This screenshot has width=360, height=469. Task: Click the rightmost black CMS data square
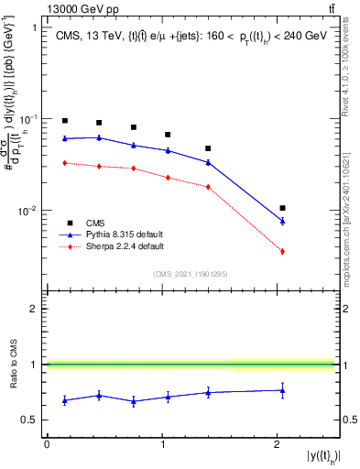click(x=282, y=208)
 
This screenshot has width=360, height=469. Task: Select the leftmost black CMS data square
click(x=65, y=121)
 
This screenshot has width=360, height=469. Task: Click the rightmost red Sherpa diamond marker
click(x=282, y=251)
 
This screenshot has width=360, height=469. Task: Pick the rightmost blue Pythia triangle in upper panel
click(x=282, y=221)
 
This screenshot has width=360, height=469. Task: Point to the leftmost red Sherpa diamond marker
click(x=65, y=163)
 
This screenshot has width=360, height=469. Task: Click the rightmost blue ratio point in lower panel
click(x=282, y=390)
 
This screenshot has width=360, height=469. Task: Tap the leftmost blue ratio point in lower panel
click(x=65, y=400)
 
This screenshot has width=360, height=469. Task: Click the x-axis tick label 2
click(x=278, y=445)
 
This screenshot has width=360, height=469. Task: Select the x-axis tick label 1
click(x=162, y=445)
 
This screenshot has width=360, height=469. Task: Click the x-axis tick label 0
click(x=47, y=445)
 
